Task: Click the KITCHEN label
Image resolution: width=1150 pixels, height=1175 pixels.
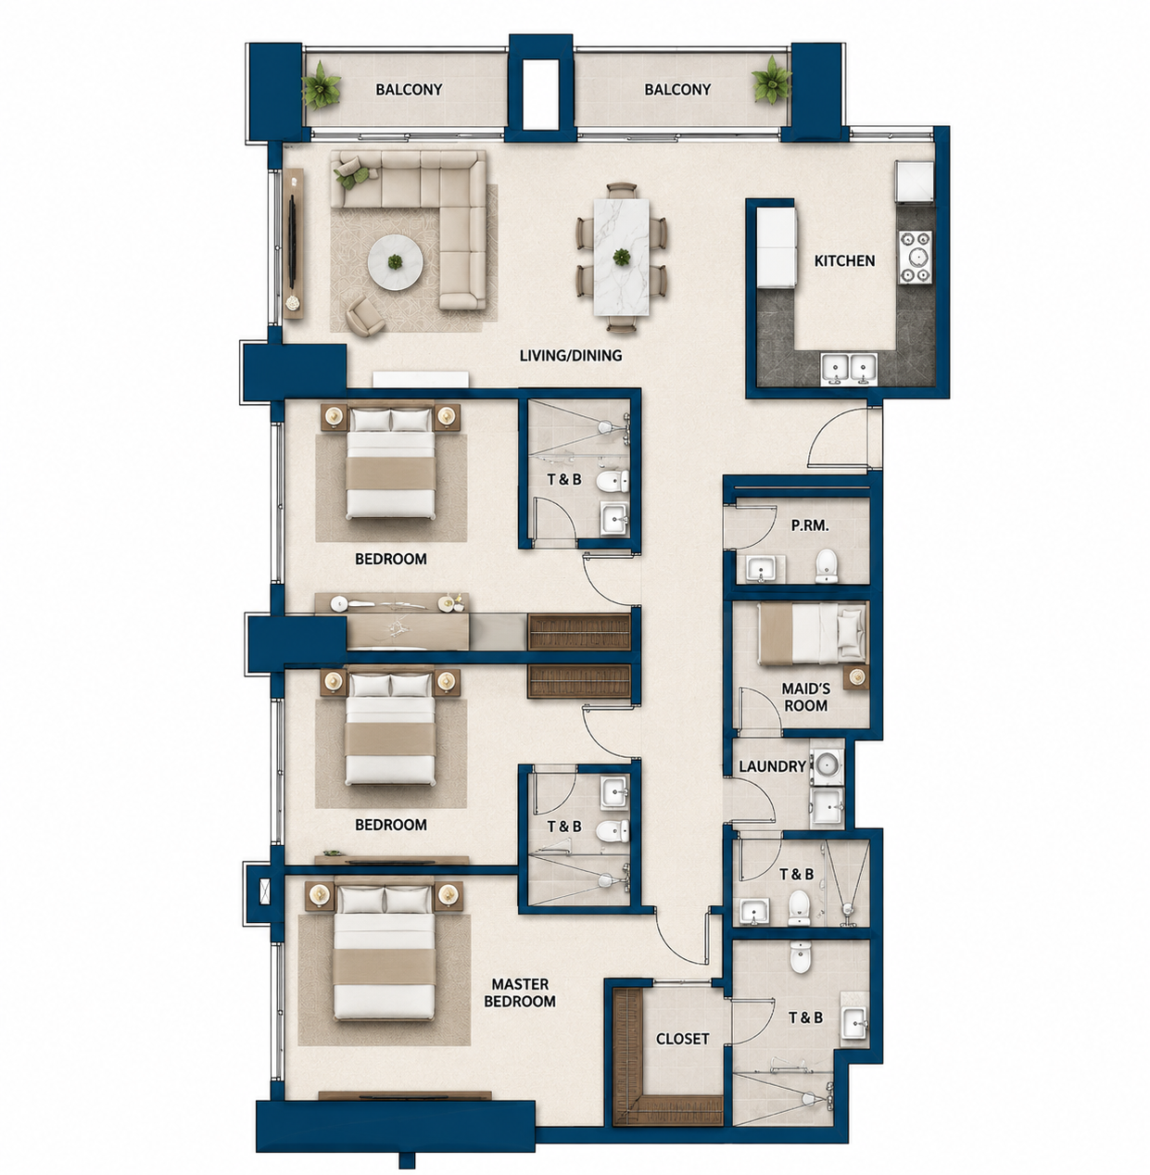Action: tap(844, 261)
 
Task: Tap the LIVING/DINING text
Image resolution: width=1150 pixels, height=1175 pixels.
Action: tap(571, 355)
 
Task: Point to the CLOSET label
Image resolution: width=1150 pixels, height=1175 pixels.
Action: tap(682, 1039)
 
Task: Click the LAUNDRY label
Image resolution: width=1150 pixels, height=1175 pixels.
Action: tap(772, 766)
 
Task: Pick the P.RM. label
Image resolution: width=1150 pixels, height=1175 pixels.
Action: tap(810, 525)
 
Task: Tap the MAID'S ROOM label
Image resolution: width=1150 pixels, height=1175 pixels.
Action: tap(805, 697)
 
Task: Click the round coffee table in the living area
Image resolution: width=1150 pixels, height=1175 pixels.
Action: tap(396, 263)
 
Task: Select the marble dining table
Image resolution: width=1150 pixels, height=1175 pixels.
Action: tap(622, 257)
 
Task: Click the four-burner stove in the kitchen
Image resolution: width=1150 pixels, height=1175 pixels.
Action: tap(916, 258)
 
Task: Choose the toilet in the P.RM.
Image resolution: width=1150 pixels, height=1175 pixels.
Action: tap(827, 565)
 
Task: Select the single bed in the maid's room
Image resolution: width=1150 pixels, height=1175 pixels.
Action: tap(812, 633)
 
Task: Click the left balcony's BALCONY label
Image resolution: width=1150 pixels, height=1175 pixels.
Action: tap(409, 90)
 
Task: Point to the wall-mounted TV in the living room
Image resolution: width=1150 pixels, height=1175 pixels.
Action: tap(294, 240)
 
